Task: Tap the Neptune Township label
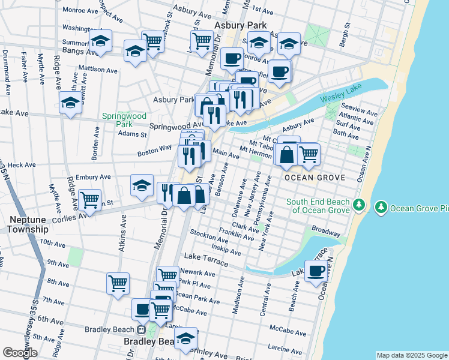point(28,224)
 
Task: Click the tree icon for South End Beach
point(359,206)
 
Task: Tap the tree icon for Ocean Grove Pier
point(381,208)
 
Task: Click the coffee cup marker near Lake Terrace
point(316,271)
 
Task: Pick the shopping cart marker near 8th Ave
point(118,283)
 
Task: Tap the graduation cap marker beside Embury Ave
point(142,185)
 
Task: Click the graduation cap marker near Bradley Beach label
point(185,338)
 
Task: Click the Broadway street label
point(326,232)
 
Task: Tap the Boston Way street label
point(155,154)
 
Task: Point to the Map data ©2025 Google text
point(411,355)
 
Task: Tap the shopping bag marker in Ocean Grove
point(288,154)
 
